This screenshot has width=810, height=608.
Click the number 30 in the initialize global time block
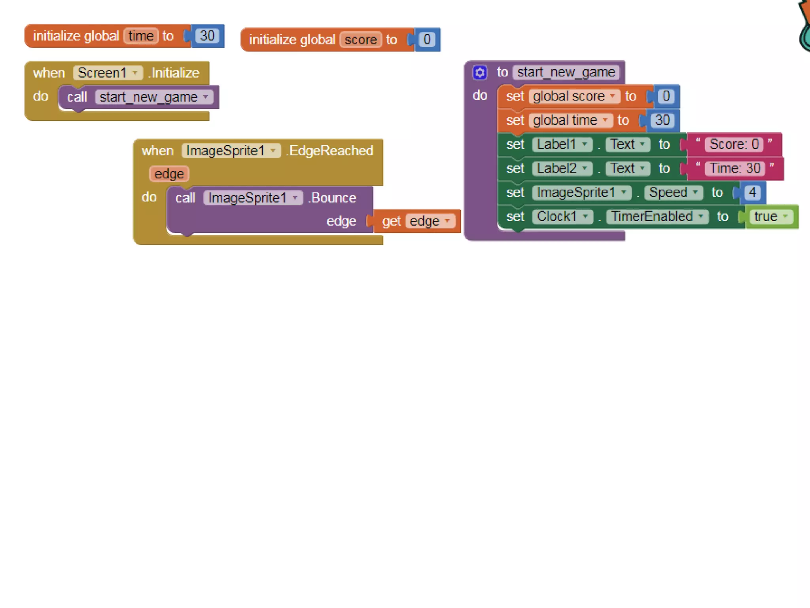tap(207, 36)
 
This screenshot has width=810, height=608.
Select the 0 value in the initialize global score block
tap(427, 40)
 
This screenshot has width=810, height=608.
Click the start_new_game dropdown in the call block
tap(154, 97)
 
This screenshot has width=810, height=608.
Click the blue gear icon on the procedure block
tap(480, 72)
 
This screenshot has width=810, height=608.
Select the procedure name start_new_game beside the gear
tap(566, 72)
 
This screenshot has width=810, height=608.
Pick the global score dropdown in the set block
tap(574, 96)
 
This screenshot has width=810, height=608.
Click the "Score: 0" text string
tap(734, 144)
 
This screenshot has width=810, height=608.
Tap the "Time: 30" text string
tap(735, 168)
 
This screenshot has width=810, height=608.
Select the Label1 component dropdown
tap(562, 144)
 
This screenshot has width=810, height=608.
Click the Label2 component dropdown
tap(562, 169)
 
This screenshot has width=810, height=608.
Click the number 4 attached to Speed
tap(752, 192)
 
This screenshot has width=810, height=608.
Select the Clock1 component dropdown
tap(562, 217)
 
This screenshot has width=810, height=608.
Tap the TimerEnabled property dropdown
tap(657, 217)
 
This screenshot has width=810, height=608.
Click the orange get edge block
tap(417, 221)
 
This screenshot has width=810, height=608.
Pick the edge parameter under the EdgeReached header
tap(169, 174)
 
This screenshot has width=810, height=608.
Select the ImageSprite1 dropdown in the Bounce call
tap(253, 198)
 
